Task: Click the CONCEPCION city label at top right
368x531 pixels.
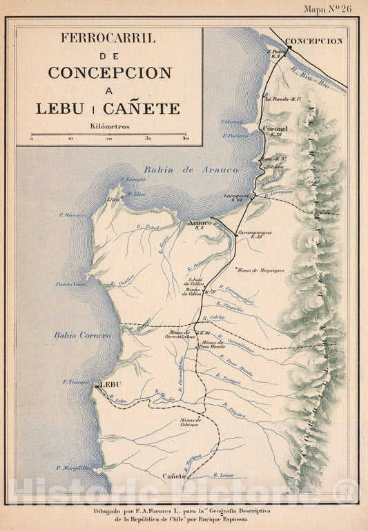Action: [313, 41]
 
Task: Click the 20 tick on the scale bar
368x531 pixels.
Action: [109, 139]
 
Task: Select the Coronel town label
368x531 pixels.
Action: [275, 128]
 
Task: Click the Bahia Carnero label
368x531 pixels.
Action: [82, 335]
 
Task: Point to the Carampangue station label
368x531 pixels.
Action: [255, 232]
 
